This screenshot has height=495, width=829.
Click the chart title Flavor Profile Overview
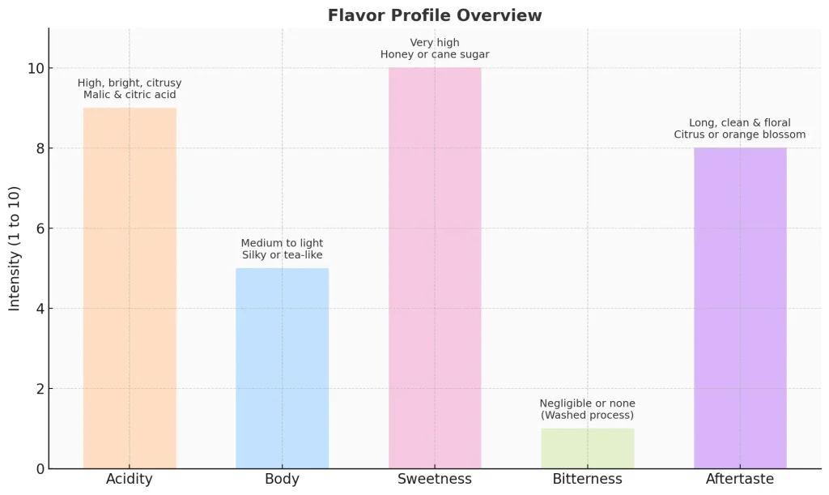435,15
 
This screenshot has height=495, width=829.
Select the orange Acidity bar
130,288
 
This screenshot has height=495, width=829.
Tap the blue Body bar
282,368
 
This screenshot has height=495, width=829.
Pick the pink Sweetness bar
435,267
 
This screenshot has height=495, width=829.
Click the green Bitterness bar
587,448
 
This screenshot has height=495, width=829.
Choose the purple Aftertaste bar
740,308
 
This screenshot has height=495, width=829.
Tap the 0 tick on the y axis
37,468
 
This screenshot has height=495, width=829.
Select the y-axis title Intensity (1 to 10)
15,249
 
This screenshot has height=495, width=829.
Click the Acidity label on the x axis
130,480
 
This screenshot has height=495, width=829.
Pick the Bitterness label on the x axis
587,480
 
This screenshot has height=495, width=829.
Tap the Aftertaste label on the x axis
740,480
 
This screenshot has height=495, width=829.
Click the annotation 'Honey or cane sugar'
435,55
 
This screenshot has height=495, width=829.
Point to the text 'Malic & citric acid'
130,95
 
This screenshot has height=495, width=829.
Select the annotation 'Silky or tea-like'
282,255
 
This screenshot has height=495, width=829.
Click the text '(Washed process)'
587,416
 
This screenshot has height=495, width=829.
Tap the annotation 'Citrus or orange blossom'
740,134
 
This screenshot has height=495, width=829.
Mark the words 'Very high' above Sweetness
435,42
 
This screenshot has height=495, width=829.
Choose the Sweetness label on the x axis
435,480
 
